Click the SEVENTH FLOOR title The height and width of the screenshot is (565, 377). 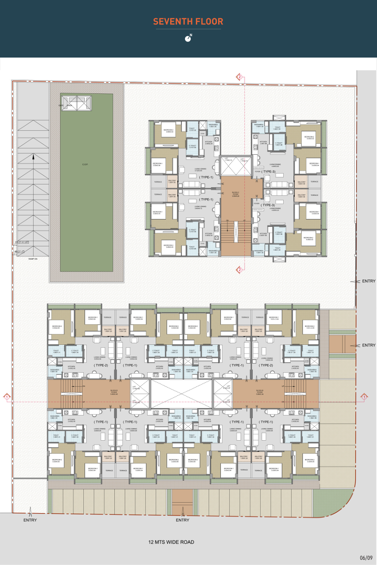coord(188,21)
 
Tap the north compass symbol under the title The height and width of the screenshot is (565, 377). coord(188,38)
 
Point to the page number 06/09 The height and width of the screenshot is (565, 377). coord(366,558)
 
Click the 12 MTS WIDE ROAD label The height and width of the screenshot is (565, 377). coord(171,542)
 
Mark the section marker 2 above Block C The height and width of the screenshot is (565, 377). coord(240,77)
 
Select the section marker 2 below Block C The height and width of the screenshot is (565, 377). coord(240,270)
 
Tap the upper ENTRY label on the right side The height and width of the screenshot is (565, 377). coord(368,281)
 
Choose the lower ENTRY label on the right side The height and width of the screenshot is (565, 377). coord(368,345)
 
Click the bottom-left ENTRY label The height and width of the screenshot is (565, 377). coord(30,520)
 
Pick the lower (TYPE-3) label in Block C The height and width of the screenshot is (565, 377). coord(268,205)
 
